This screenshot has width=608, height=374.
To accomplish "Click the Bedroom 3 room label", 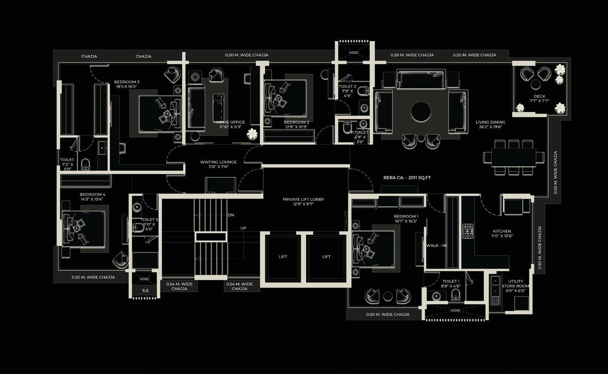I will (126, 84).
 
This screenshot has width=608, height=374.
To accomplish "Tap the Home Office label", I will (230, 125).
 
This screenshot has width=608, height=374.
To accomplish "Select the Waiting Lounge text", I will (218, 164).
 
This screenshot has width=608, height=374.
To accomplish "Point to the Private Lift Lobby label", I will (303, 202).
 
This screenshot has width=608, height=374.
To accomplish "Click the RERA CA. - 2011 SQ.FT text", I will (407, 178).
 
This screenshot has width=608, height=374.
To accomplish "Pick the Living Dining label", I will (490, 125).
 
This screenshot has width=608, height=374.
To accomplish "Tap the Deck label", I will (539, 98).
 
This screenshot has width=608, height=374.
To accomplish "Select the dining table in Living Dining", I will (513, 157).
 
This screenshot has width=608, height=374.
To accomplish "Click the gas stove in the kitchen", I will (468, 231).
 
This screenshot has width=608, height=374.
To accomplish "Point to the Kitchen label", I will (502, 233).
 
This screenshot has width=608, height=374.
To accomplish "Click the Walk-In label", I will (436, 246).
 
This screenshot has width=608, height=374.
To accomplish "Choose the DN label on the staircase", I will (231, 215).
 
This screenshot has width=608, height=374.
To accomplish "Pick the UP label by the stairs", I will (243, 228).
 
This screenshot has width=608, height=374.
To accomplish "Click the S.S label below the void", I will (145, 290).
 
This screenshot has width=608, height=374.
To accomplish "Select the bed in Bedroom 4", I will (83, 228).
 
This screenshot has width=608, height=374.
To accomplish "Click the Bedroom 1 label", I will (406, 218).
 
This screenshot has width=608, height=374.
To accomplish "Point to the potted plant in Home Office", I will (252, 134).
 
